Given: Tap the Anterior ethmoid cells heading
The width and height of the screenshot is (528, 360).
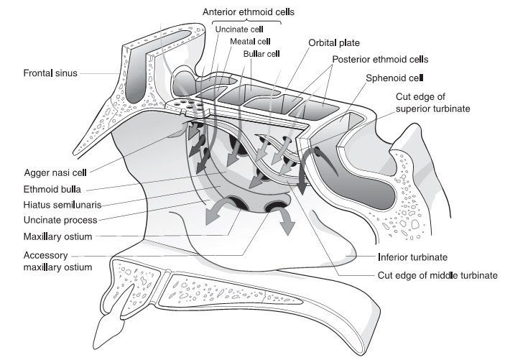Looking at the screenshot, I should click(x=249, y=11).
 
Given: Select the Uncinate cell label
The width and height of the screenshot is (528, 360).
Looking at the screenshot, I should click(x=240, y=29).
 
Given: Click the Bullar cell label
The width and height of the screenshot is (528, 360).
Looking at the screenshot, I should click(x=261, y=53).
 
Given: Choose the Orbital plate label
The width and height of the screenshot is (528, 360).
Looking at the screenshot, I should click(x=334, y=42).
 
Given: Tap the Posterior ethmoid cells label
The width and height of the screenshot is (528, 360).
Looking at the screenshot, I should click(x=380, y=59).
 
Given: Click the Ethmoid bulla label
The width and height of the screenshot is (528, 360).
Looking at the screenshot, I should click(x=52, y=190).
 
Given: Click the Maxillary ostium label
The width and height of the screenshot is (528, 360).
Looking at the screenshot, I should click(x=57, y=236).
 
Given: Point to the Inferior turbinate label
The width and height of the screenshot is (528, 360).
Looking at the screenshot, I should click(x=412, y=257).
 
